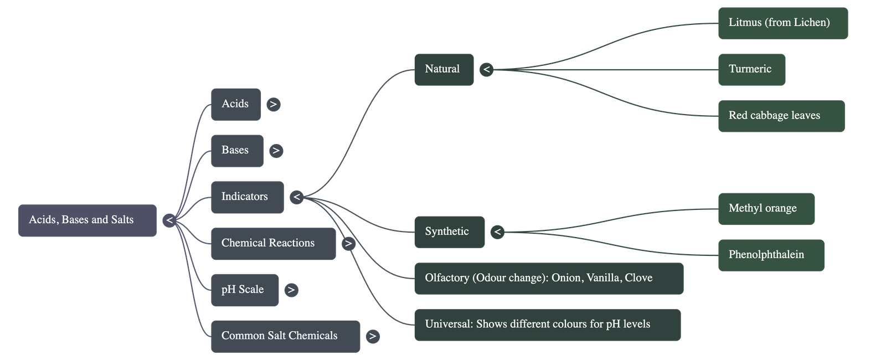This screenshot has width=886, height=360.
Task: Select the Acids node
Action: pos(235,104)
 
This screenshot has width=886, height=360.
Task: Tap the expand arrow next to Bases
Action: pos(276,151)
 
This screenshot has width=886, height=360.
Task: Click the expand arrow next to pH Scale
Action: pos(291,290)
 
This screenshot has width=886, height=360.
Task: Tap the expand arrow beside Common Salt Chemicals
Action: pos(373,336)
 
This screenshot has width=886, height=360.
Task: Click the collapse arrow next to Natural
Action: pos(486,70)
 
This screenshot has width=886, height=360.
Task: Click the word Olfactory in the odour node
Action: pos(447,278)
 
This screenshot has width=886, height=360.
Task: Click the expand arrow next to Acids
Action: pos(273,104)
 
